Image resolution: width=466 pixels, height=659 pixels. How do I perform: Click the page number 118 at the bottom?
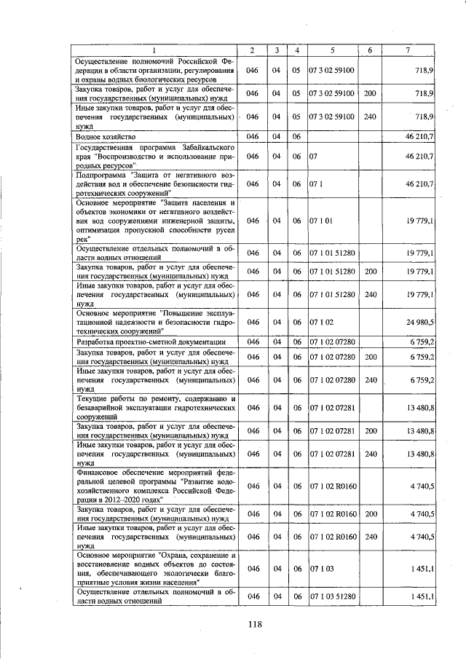point(254,623)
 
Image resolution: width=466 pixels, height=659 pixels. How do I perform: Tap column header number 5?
point(331,49)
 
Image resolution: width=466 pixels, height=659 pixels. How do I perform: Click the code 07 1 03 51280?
point(332,596)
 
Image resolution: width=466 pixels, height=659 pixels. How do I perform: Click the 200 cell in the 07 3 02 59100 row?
point(369,94)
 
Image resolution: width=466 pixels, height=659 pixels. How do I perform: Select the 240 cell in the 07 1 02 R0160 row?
point(369,536)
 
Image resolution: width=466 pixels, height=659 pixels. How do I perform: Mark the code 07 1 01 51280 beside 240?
point(332,294)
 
